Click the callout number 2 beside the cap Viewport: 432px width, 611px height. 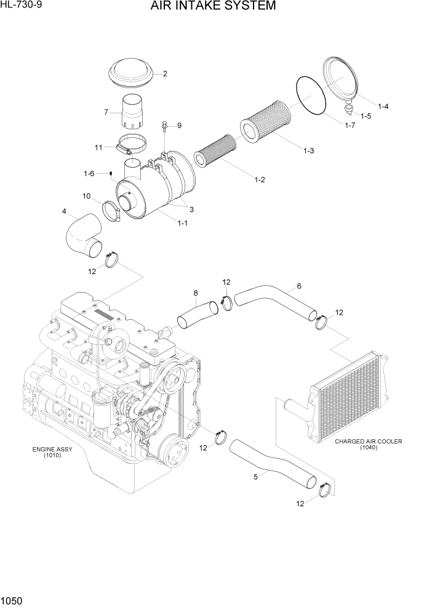pos(165,74)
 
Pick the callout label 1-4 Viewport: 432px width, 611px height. pos(383,107)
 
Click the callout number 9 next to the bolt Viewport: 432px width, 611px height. pos(179,126)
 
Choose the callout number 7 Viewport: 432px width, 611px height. pos(106,112)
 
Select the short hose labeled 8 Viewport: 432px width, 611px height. pos(198,313)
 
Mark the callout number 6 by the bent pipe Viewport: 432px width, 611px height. pos(299,286)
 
